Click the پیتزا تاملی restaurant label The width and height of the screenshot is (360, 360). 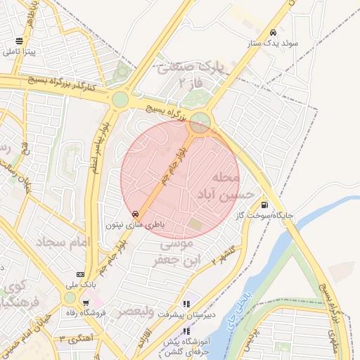[20, 52]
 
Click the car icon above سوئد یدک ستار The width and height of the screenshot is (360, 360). [273, 33]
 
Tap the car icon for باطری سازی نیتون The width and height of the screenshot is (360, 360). [135, 214]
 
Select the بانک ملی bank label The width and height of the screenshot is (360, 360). [80, 285]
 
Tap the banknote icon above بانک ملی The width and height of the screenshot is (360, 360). [80, 274]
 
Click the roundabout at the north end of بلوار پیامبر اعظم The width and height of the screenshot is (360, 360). [120, 99]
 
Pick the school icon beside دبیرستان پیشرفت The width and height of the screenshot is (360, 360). [186, 304]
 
